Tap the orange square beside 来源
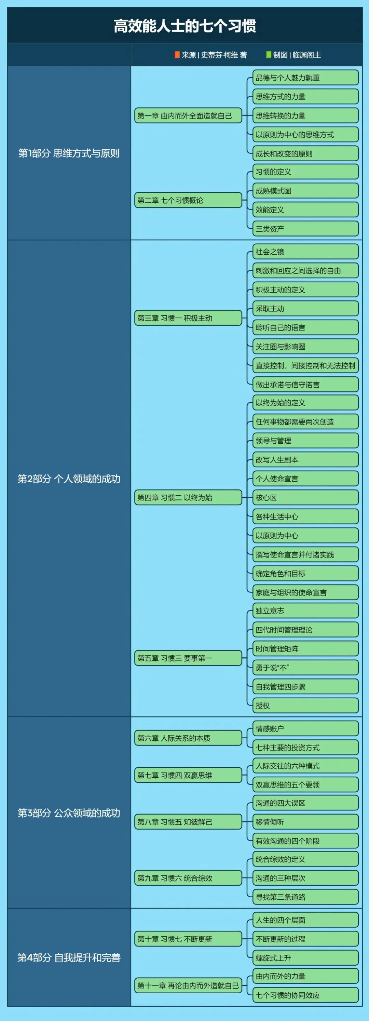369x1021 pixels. tap(177, 55)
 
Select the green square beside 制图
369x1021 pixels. tap(268, 55)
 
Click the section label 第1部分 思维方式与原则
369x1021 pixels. tap(69, 153)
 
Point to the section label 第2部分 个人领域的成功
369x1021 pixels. tap(69, 479)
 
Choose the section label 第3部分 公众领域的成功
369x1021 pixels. tap(69, 813)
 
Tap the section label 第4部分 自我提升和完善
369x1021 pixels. tap(69, 957)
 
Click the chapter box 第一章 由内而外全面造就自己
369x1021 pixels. tap(188, 116)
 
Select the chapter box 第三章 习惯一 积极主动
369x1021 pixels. tap(188, 318)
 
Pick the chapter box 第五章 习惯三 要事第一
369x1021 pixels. tap(188, 658)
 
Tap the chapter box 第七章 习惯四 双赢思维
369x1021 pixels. tap(188, 775)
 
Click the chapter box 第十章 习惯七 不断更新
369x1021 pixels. tap(188, 939)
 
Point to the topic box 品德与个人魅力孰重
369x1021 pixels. tap(305, 78)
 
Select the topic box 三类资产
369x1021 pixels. tap(305, 229)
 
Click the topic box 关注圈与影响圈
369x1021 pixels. tap(305, 346)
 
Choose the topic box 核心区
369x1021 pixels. tap(305, 497)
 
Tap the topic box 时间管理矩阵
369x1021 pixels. tap(305, 649)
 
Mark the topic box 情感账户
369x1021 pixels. tap(305, 728)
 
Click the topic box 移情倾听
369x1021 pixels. tap(305, 822)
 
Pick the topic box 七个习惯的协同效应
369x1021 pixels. tap(305, 995)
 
